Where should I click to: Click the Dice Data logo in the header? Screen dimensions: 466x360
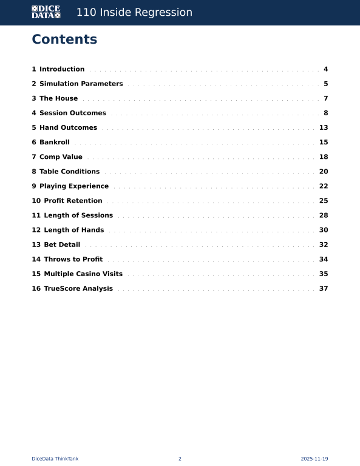(x=46, y=12)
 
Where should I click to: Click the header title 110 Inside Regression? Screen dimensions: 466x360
(x=134, y=13)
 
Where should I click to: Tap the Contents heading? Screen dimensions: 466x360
(x=64, y=39)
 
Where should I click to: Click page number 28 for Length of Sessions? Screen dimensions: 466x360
(x=324, y=215)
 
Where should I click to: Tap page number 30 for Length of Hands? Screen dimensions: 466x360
(x=324, y=230)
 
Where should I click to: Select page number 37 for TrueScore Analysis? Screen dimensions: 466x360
(x=324, y=288)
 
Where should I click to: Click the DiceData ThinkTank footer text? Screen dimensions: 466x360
(x=55, y=459)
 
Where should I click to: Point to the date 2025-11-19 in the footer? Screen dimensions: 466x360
(x=314, y=459)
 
